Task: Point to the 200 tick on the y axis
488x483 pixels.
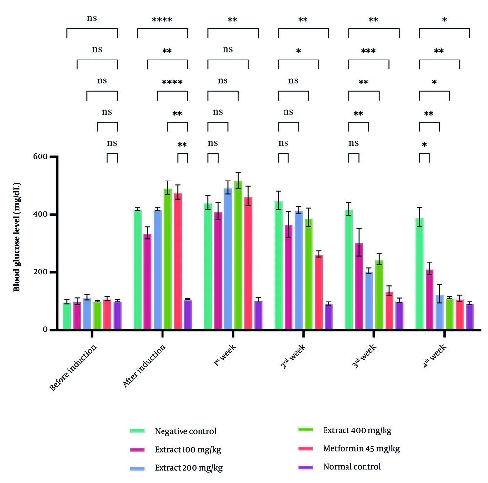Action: pos(42,272)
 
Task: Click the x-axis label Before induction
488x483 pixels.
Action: pos(73,367)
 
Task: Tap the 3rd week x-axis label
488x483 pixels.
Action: pos(359,360)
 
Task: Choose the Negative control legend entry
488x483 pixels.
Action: pos(185,431)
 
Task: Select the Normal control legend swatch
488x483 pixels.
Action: pos(307,467)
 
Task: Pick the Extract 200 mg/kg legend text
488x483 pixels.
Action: pos(189,468)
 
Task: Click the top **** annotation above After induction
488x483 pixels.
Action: pos(162,20)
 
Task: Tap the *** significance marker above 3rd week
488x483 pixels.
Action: pos(368,51)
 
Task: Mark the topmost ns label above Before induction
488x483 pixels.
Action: pos(92,19)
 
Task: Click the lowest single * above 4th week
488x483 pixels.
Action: pos(424,145)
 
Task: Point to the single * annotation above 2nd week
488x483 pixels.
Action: pos(298,51)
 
